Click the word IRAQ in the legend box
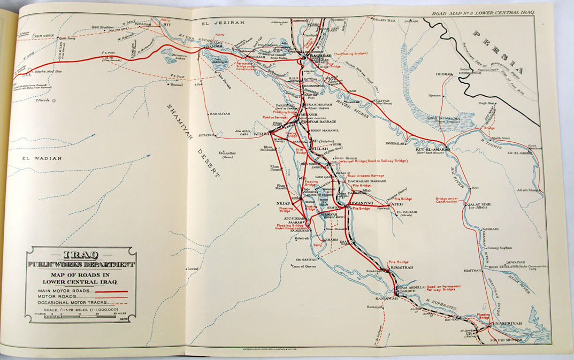pos(81,255)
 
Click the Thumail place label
pos(177,85)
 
